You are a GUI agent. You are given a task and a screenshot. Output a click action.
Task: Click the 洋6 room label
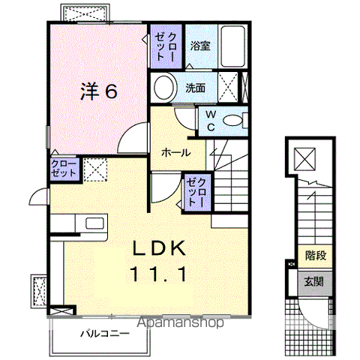[x=98, y=92]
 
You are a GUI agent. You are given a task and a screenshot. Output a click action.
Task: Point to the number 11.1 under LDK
[x=160, y=274]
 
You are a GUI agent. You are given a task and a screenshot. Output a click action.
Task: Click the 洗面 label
[x=196, y=88]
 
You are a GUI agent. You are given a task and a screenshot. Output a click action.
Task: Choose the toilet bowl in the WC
[x=235, y=119]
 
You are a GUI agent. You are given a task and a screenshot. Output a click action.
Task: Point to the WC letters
[x=211, y=121]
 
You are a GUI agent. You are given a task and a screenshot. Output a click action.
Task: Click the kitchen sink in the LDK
[x=95, y=223]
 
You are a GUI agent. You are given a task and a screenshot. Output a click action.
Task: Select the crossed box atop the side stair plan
[x=306, y=158]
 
